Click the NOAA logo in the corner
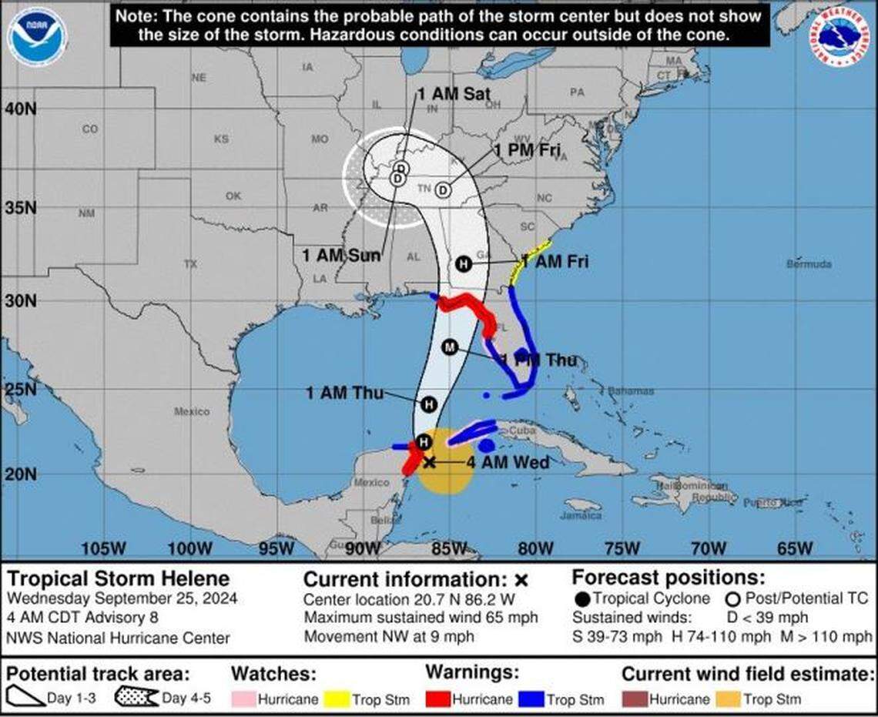(38, 36)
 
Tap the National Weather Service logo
(839, 35)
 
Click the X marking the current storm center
(430, 462)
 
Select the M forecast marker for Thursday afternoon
(450, 347)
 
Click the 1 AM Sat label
(454, 94)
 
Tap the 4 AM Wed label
(508, 462)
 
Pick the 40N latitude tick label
(20, 109)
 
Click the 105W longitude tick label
(103, 548)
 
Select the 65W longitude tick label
(794, 548)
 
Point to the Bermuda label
(809, 264)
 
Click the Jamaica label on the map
(581, 515)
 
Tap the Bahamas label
(630, 391)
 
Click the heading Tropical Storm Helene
(118, 578)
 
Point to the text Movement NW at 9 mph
(389, 637)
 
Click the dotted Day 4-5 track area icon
(136, 698)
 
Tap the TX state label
(190, 264)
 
